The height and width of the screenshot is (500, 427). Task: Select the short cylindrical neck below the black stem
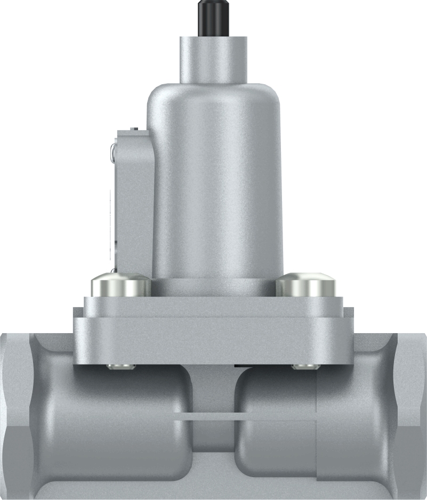pyautogui.click(x=214, y=59)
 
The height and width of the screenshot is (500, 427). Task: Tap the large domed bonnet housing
pyautogui.click(x=216, y=176)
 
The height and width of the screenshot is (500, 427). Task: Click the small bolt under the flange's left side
pyautogui.click(x=121, y=366)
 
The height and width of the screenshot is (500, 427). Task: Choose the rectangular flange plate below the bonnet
pyautogui.click(x=213, y=333)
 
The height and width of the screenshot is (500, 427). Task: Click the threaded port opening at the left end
pyautogui.click(x=13, y=410)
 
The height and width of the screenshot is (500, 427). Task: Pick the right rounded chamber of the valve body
pyautogui.click(x=277, y=426)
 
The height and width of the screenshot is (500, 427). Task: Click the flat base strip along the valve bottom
pyautogui.click(x=213, y=488)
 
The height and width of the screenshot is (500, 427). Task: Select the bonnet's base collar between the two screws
pyautogui.click(x=213, y=288)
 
